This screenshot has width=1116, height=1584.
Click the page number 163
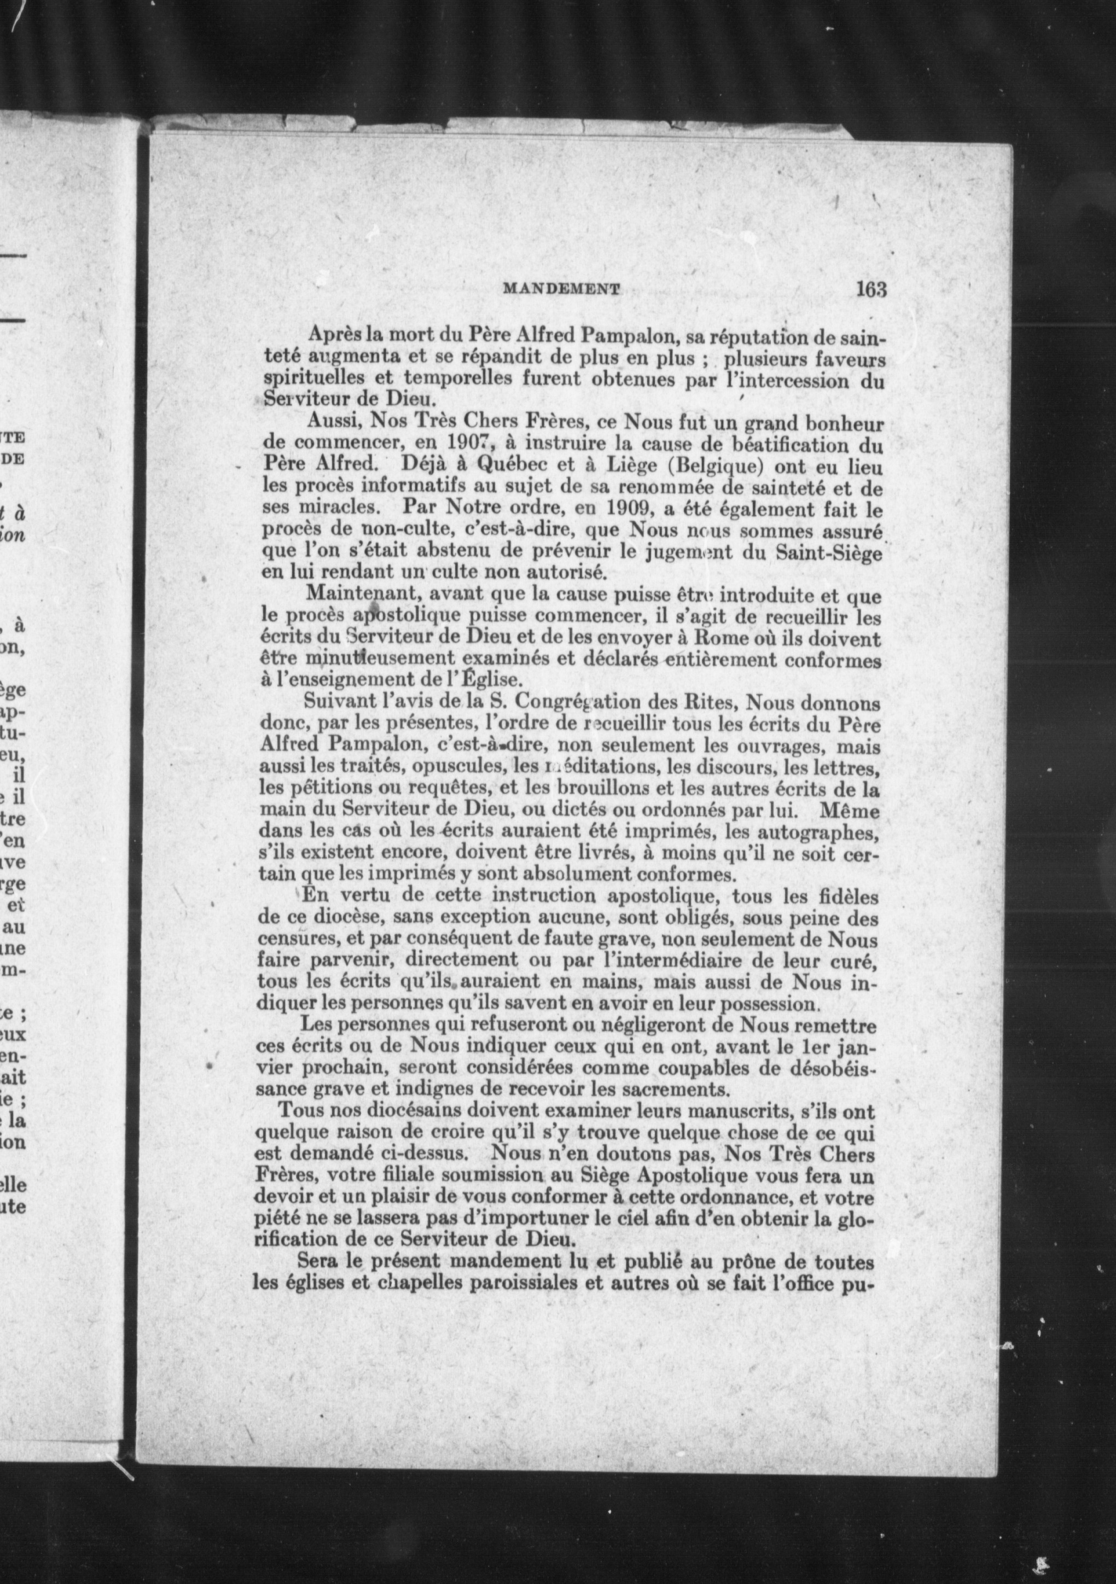point(870,289)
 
